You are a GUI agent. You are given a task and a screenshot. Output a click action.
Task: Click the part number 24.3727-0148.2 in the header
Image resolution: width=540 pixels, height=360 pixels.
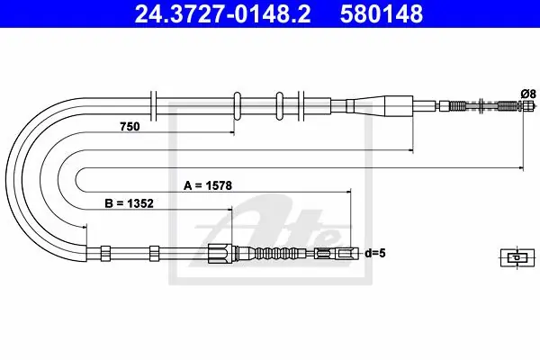(222, 13)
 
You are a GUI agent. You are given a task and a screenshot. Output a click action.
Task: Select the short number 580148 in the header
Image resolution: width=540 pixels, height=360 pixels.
(382, 13)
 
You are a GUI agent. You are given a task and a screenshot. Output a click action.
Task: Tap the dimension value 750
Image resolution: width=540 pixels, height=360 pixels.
(130, 127)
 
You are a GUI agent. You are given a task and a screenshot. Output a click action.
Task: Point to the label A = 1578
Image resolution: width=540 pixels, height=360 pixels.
(208, 185)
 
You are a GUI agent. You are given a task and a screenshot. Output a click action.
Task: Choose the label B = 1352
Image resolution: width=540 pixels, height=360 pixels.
(129, 203)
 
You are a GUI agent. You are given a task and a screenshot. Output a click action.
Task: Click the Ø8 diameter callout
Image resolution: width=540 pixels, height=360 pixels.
(528, 94)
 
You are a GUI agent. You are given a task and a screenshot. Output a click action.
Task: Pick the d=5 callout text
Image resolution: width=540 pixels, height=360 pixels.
(375, 254)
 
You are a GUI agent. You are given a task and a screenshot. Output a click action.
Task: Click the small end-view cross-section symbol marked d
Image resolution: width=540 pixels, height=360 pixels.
(517, 257)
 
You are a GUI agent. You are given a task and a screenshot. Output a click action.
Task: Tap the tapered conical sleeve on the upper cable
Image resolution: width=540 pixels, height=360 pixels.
(379, 106)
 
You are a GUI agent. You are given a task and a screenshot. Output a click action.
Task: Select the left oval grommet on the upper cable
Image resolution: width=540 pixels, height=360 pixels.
(238, 106)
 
